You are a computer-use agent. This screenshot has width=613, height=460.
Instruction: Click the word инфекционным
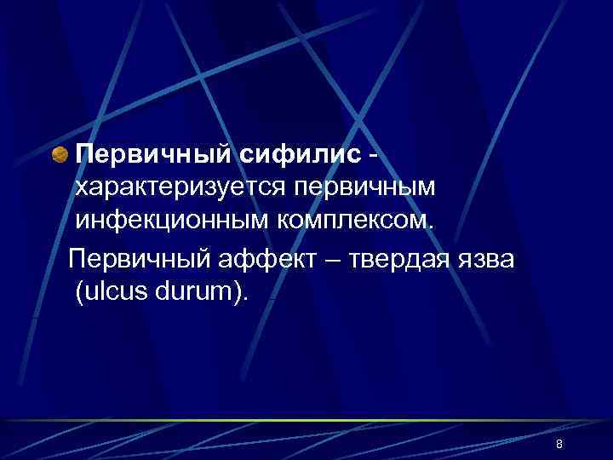[170, 222]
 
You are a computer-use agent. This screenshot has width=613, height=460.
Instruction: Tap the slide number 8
[559, 445]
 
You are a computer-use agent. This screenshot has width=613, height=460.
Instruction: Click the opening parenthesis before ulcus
[79, 292]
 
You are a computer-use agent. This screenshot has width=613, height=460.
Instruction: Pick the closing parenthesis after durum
[240, 292]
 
